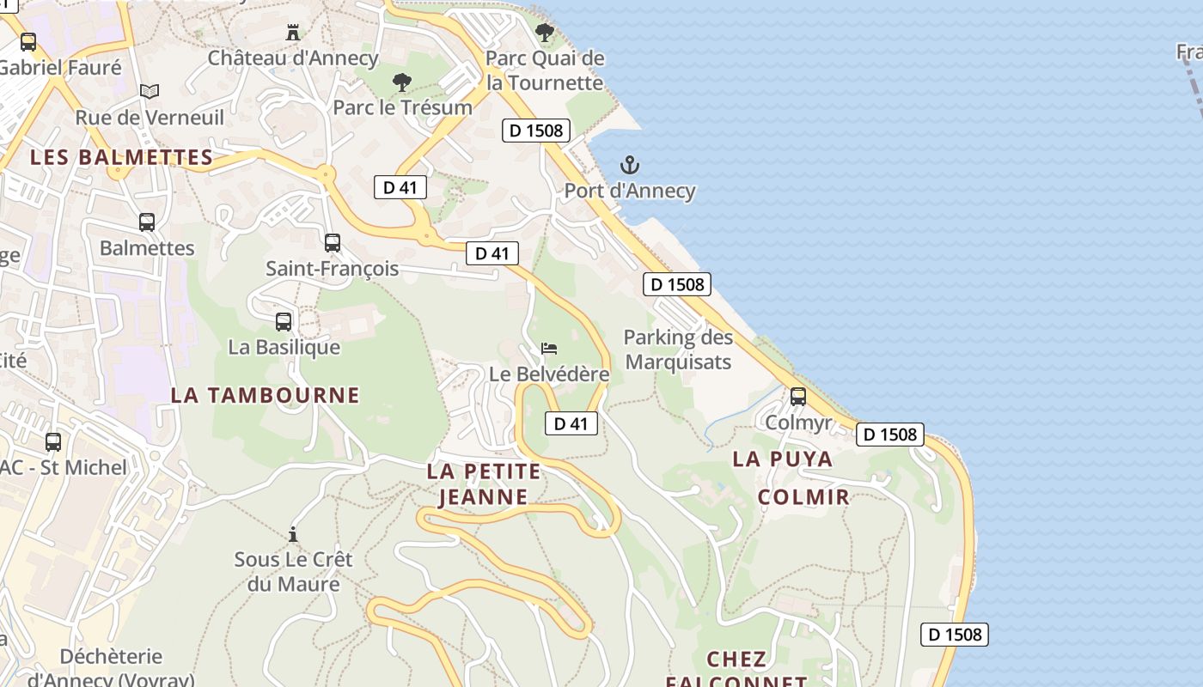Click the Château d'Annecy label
coord(293,58)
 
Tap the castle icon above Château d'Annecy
coord(293,33)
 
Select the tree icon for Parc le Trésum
coord(401,83)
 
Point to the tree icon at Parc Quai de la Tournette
coord(544,33)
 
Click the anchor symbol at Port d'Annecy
coord(630,165)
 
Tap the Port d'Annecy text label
coord(630,191)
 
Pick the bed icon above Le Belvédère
coord(549,349)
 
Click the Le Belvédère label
coord(549,374)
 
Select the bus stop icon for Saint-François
coord(333,243)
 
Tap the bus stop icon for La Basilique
coord(284,322)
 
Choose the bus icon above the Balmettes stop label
coord(147,222)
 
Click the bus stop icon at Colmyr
coord(798,397)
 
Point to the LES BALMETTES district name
coord(121,157)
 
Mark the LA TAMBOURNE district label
coord(265,395)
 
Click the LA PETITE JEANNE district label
coord(484,483)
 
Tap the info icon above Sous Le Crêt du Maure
coord(293,534)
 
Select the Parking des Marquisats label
coord(678,350)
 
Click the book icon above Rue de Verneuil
coord(150,91)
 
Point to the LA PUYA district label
coord(783,459)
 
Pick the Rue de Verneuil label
coord(150,118)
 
